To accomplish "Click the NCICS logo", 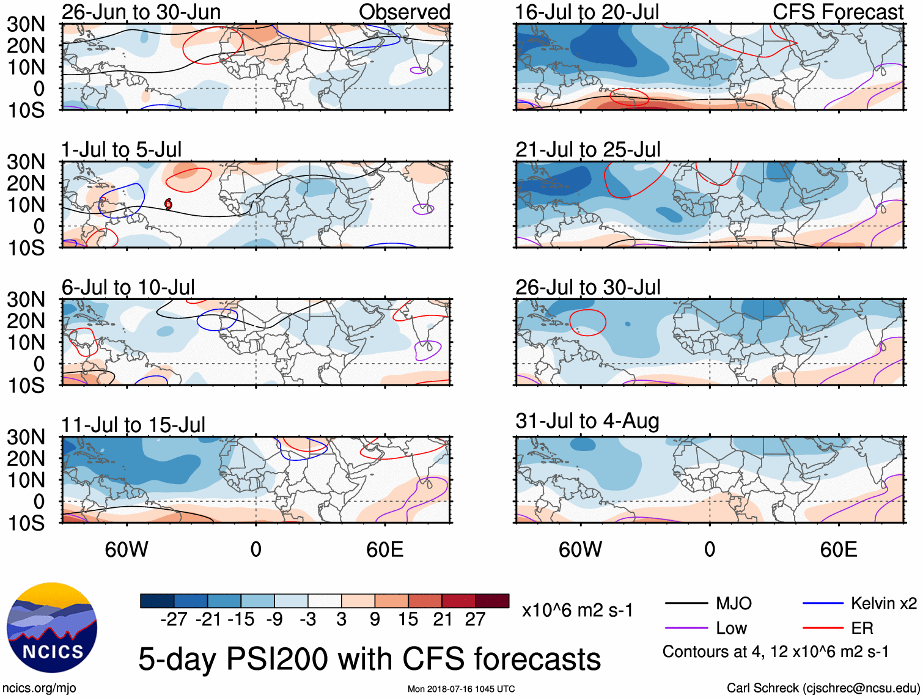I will [x=52, y=628].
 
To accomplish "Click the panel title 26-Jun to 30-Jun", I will [x=141, y=12].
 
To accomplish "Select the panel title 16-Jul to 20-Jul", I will [x=587, y=12].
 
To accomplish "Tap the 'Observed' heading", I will [x=404, y=12].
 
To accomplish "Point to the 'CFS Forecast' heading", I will [x=838, y=12].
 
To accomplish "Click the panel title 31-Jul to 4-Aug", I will [x=587, y=421].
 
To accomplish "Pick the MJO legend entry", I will [x=734, y=604].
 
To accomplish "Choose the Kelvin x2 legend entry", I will [x=883, y=604].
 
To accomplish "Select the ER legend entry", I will [x=862, y=628].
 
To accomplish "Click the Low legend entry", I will [x=731, y=628].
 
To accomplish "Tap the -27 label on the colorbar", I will [x=174, y=620].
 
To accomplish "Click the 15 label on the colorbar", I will [x=408, y=620].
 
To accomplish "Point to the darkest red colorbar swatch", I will [x=492, y=601].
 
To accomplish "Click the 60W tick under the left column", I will [x=127, y=549].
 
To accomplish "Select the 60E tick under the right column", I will [x=838, y=549].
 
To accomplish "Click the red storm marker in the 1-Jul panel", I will [x=168, y=204].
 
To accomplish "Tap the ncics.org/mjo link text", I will [x=39, y=688].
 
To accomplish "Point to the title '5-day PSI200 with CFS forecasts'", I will [x=369, y=659].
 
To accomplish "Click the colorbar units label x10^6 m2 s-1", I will [x=577, y=610].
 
